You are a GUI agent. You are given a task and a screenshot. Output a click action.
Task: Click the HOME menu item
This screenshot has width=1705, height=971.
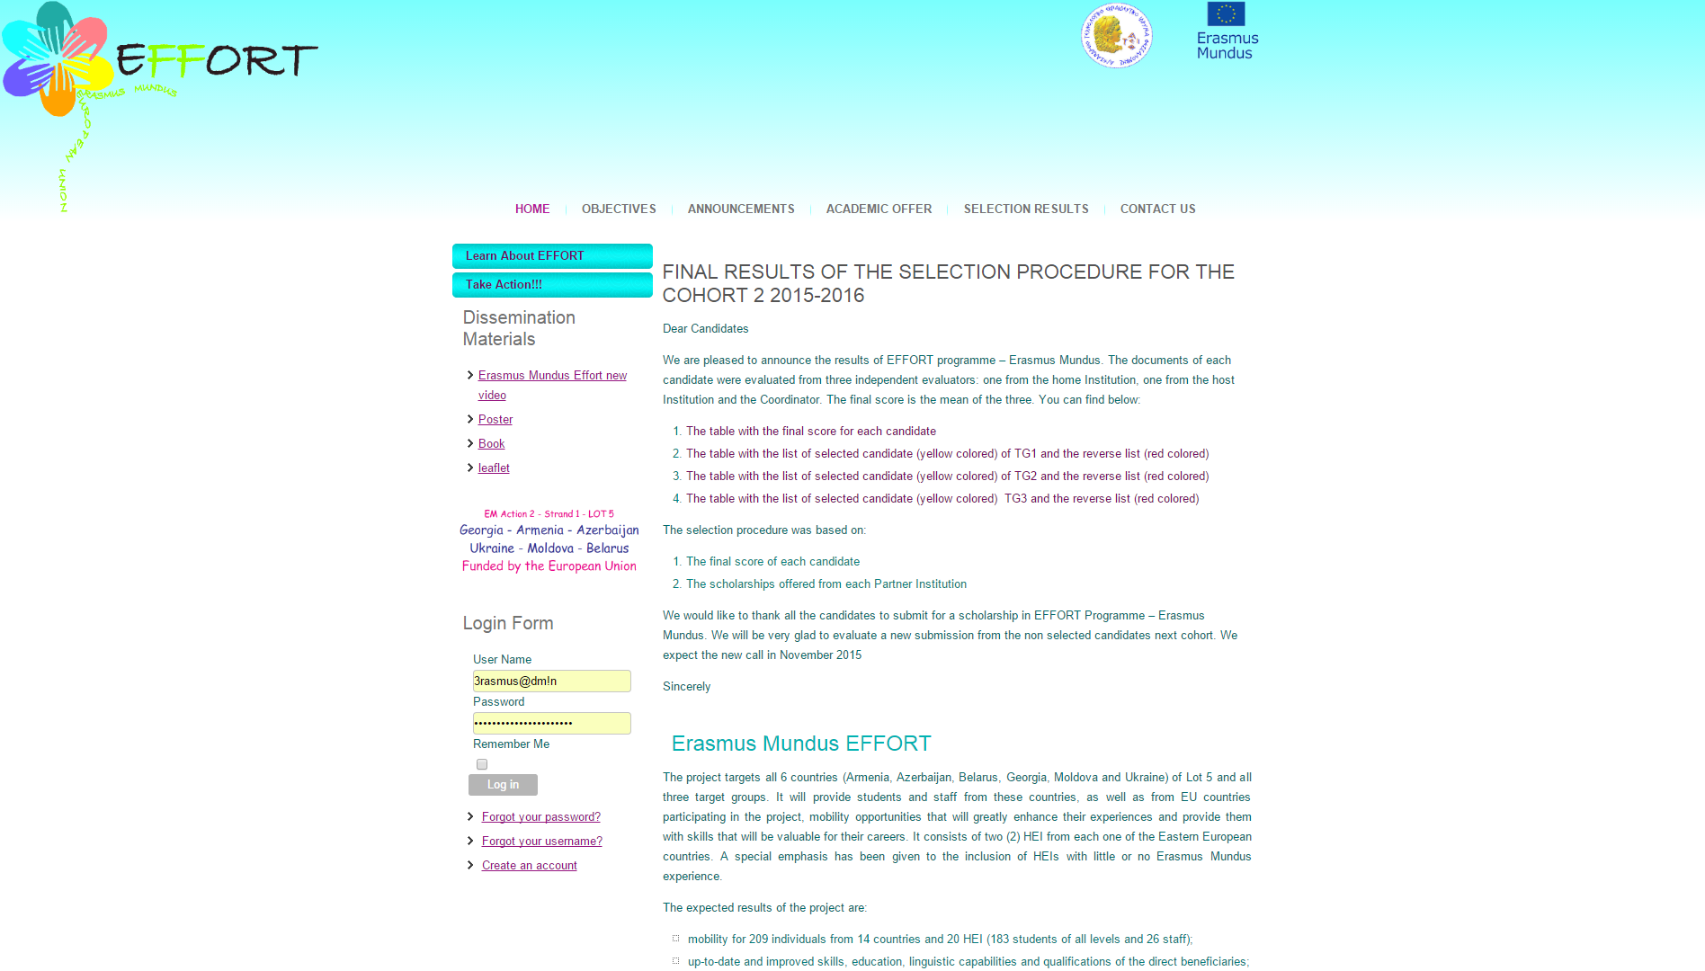pyautogui.click(x=532, y=209)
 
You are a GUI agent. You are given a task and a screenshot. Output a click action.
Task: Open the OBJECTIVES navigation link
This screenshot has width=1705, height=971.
pyautogui.click(x=619, y=209)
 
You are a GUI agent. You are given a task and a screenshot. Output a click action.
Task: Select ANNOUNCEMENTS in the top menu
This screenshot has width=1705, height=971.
pyautogui.click(x=741, y=209)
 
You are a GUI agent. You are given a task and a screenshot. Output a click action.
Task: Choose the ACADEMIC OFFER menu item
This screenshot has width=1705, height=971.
pyautogui.click(x=879, y=209)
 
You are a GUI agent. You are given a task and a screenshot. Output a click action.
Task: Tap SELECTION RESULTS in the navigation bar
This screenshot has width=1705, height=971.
pyautogui.click(x=1026, y=209)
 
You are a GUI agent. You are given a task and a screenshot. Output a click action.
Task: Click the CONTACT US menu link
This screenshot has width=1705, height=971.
pyautogui.click(x=1157, y=209)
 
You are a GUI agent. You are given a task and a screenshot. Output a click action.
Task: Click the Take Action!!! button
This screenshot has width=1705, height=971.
pyautogui.click(x=552, y=285)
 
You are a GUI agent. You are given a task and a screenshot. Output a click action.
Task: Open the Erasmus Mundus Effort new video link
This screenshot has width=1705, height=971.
pyautogui.click(x=552, y=376)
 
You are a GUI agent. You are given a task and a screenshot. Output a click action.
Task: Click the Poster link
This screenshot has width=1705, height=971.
pyautogui.click(x=495, y=420)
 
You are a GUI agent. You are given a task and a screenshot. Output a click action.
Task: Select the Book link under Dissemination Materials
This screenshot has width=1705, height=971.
pyautogui.click(x=491, y=444)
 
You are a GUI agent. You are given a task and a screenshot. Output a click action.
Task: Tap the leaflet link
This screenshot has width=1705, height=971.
pyautogui.click(x=494, y=468)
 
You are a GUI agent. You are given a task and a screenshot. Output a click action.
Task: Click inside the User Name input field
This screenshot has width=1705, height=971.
pyautogui.click(x=551, y=681)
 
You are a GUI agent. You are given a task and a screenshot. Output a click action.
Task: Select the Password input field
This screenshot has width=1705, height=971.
pyautogui.click(x=551, y=724)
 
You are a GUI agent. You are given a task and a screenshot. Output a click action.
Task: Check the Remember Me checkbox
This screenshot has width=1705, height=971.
pyautogui.click(x=482, y=764)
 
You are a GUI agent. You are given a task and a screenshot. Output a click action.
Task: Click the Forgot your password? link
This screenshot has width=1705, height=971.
pyautogui.click(x=540, y=817)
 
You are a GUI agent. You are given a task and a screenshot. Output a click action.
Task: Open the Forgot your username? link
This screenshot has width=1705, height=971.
pyautogui.click(x=541, y=842)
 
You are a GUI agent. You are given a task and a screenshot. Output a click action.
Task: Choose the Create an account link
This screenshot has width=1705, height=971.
pyautogui.click(x=529, y=866)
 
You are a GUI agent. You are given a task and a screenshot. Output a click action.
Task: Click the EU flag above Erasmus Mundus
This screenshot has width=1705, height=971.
pyautogui.click(x=1226, y=14)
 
